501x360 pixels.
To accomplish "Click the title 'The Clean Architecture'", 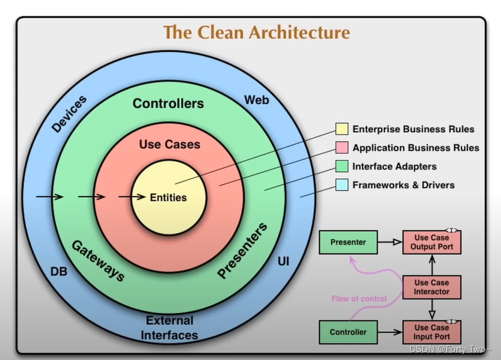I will (x=256, y=32).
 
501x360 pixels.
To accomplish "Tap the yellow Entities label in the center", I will (x=168, y=197).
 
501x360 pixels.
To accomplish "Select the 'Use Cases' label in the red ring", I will (x=170, y=144).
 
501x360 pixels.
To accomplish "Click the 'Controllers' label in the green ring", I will (x=168, y=103).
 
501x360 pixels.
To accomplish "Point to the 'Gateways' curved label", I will (x=98, y=261).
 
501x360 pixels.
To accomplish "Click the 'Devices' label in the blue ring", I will (x=69, y=114).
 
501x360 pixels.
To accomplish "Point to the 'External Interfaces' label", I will (x=170, y=328).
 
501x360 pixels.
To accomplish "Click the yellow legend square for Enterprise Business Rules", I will (x=342, y=129).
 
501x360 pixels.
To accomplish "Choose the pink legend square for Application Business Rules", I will (x=342, y=147).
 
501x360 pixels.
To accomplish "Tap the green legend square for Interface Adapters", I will (x=342, y=166).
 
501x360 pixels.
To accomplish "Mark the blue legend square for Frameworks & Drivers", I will (x=342, y=185).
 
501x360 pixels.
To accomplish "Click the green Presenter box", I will (x=348, y=242).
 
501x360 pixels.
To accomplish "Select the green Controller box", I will (x=348, y=332).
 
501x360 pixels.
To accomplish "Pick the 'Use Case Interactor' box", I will (x=431, y=287).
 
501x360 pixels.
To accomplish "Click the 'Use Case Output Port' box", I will (x=431, y=242).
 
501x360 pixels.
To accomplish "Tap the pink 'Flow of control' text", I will (x=359, y=299).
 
